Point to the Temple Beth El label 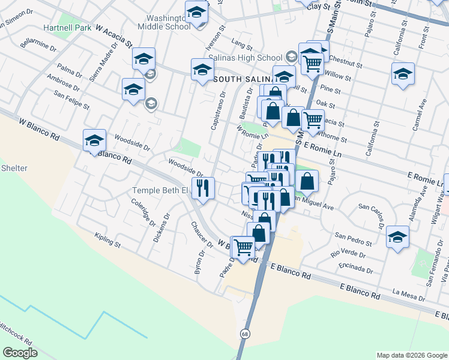pyautogui.click(x=160, y=191)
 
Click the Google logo pyautogui.click(x=20, y=353)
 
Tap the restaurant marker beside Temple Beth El pyautogui.click(x=203, y=189)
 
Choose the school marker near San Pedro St pyautogui.click(x=397, y=237)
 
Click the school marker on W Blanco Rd pyautogui.click(x=94, y=141)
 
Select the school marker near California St pyautogui.click(x=403, y=74)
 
